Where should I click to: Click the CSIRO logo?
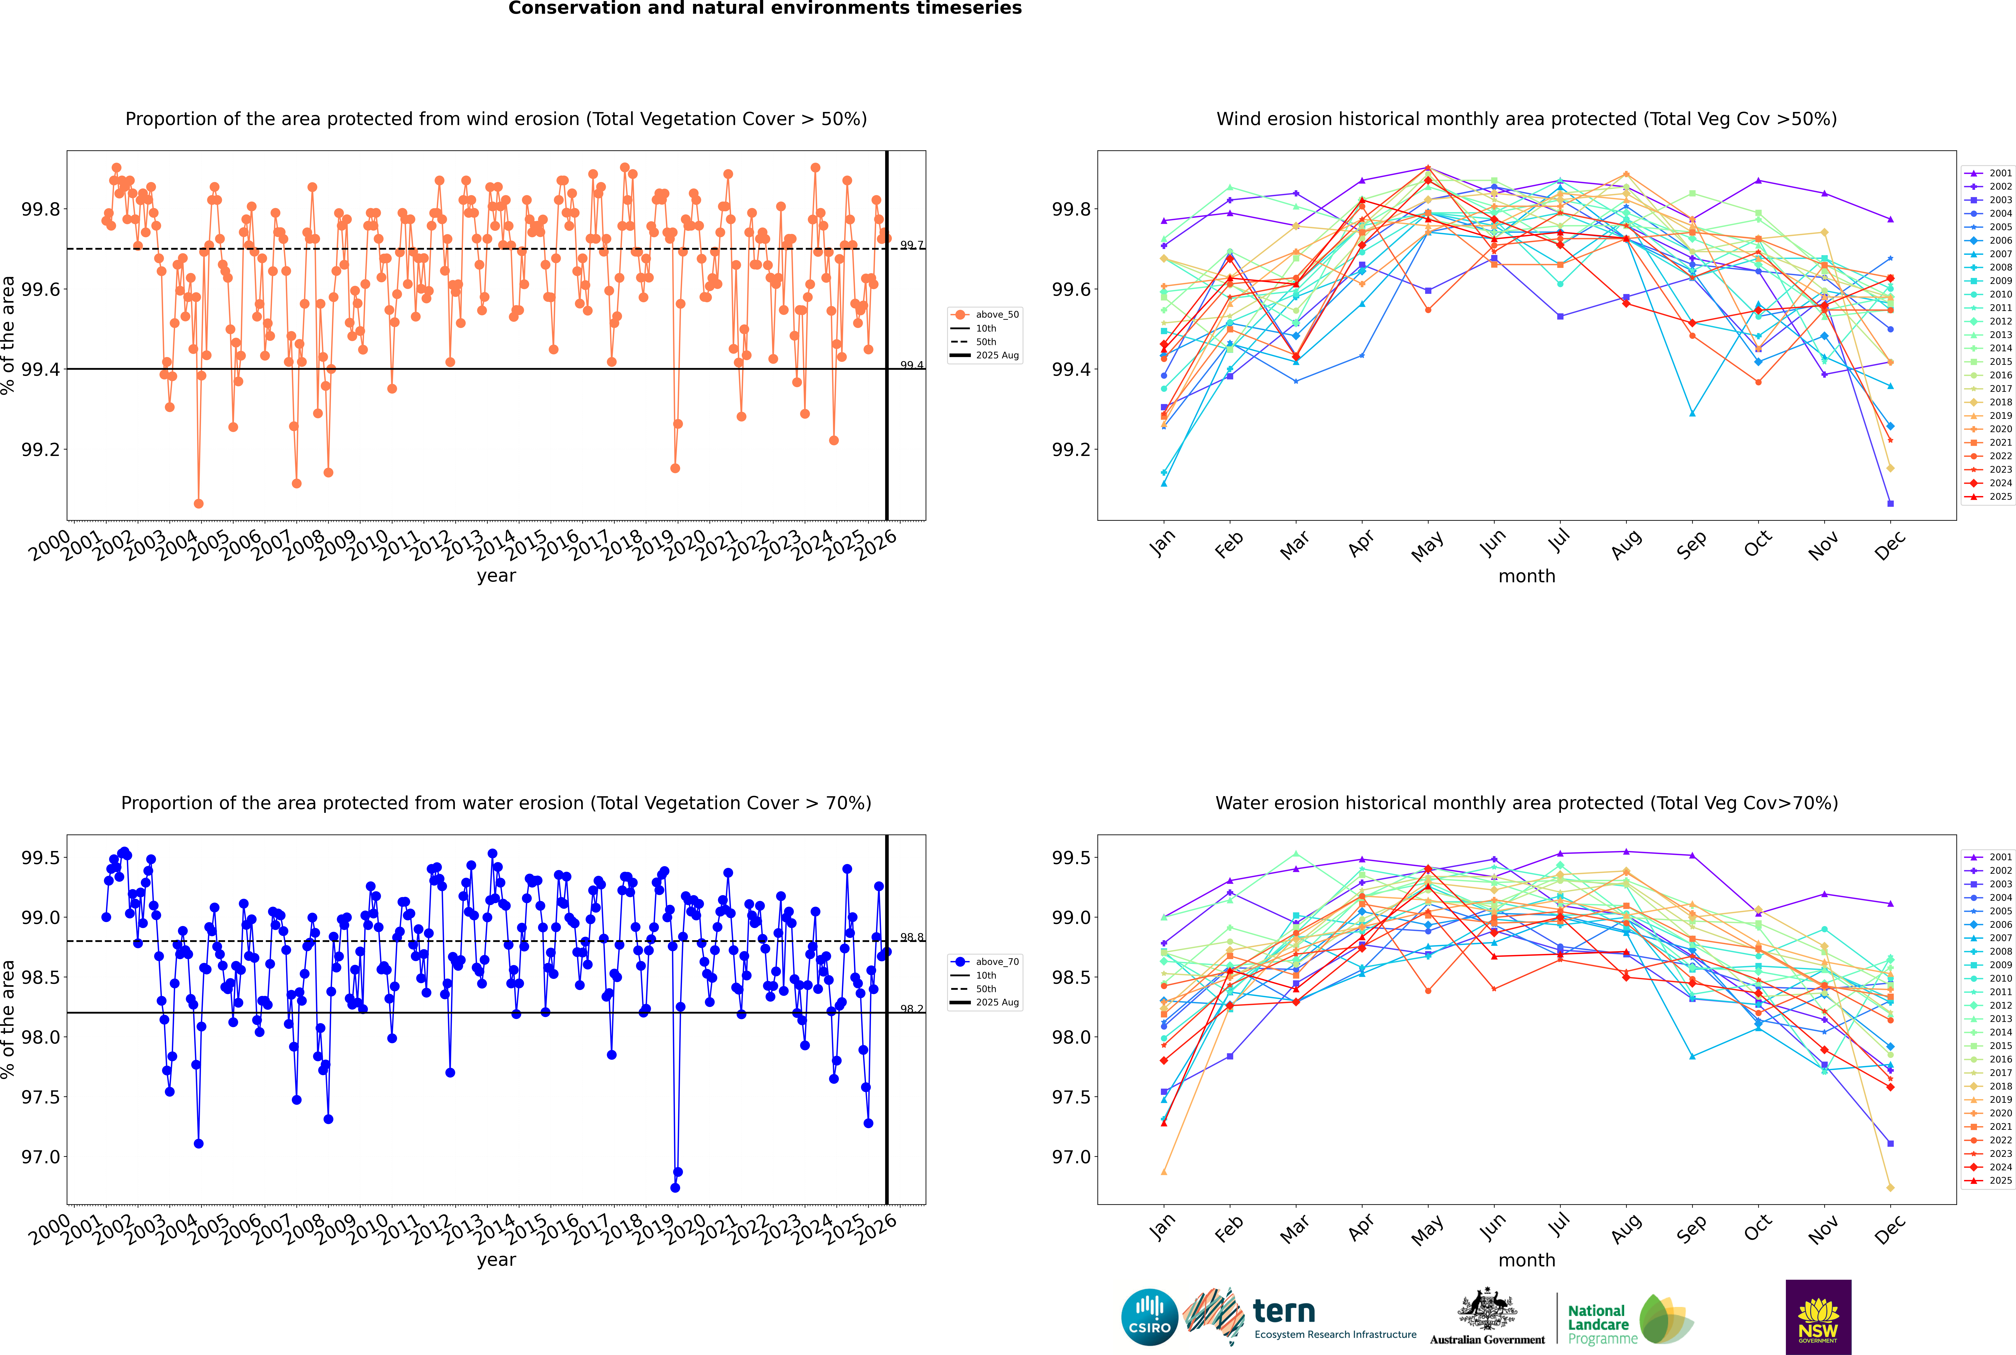[x=1149, y=1317]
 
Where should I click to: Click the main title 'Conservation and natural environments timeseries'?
[x=765, y=9]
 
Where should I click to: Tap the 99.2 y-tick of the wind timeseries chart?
[x=41, y=449]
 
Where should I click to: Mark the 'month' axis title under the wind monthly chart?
[x=1526, y=576]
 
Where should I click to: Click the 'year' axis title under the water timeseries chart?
[x=496, y=1260]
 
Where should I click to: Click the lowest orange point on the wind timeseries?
[x=199, y=503]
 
